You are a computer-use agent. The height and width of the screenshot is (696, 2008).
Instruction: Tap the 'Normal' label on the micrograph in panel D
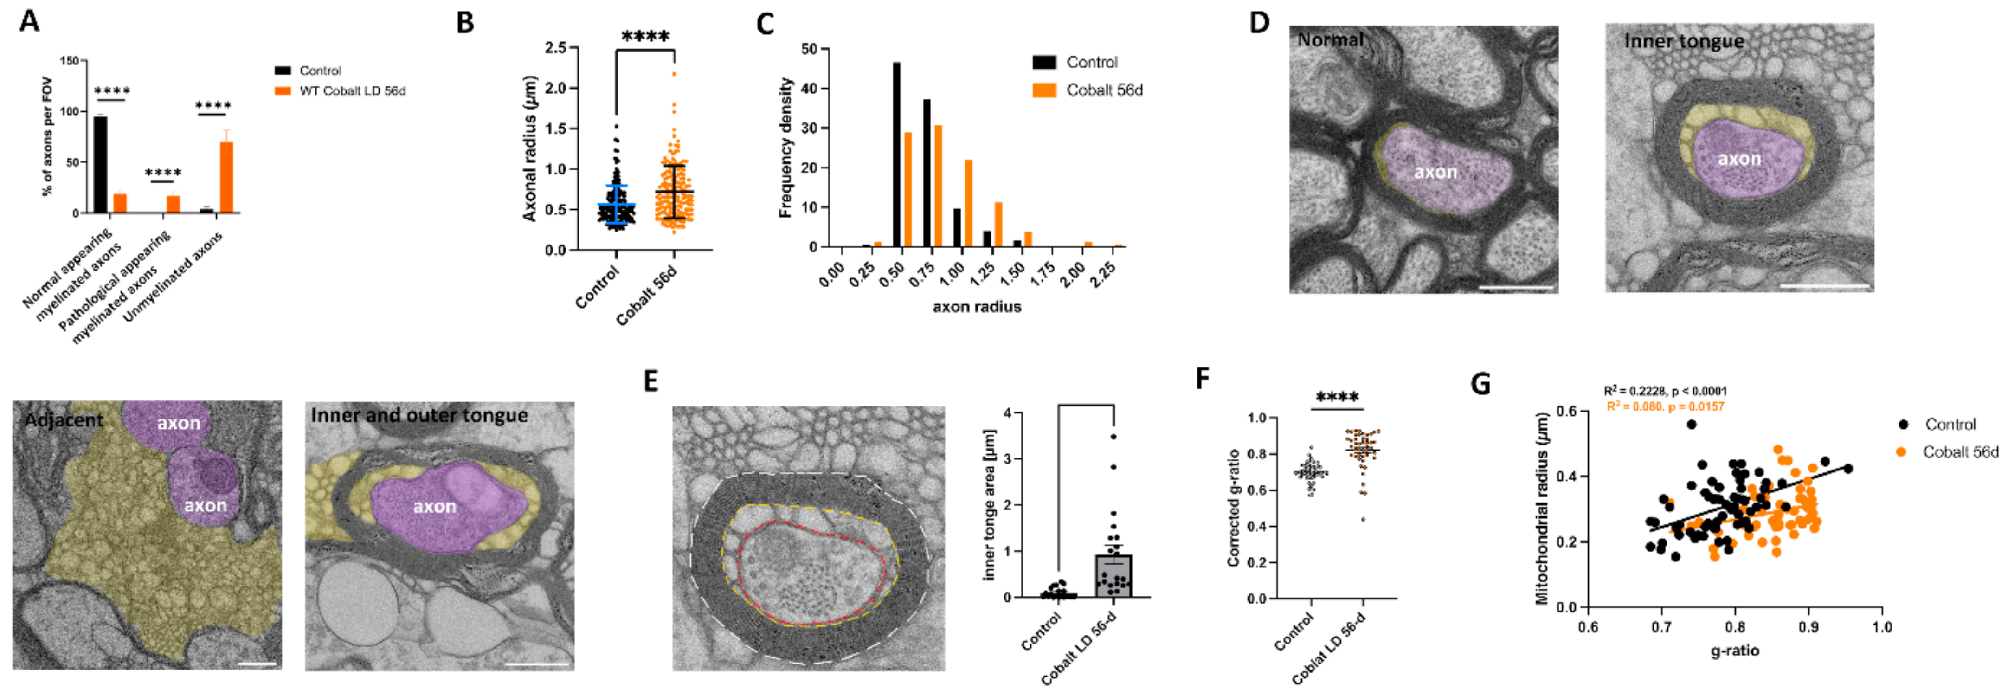pos(1330,40)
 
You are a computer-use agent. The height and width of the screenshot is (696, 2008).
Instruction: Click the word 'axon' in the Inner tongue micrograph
pos(1739,159)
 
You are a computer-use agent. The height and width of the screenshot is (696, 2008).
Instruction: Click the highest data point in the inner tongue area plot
pos(1113,437)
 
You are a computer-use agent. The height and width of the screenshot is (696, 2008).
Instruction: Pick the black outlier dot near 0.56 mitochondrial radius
pos(1691,425)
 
